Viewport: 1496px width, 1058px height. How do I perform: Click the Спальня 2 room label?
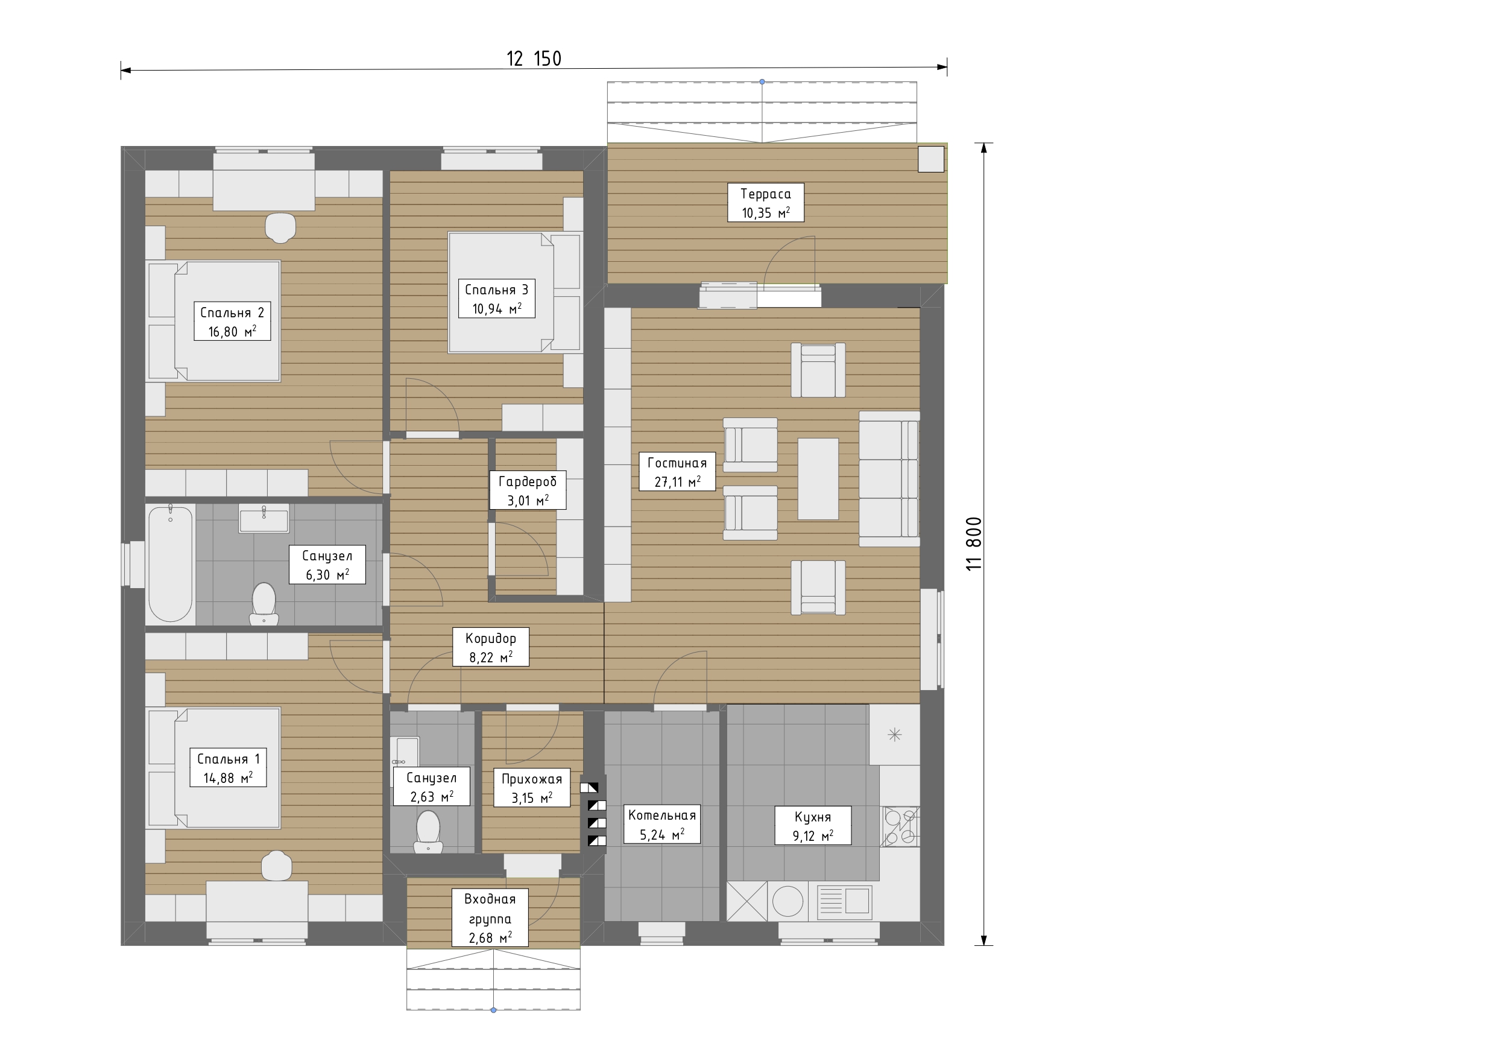pyautogui.click(x=232, y=322)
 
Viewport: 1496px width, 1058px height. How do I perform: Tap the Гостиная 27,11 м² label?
pyautogui.click(x=677, y=471)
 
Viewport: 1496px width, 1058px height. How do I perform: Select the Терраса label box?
pyautogui.click(x=766, y=202)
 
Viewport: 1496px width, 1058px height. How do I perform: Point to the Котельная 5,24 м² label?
pyautogui.click(x=662, y=824)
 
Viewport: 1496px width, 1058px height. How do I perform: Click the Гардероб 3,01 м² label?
pyautogui.click(x=528, y=490)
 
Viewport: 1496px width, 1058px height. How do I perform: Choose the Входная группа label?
pyautogui.click(x=490, y=918)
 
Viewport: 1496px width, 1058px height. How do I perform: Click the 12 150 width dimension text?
pyautogui.click(x=534, y=59)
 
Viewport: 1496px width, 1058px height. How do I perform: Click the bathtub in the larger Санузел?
pyautogui.click(x=171, y=564)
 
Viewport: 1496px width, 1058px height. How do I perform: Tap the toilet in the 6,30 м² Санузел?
pyautogui.click(x=264, y=604)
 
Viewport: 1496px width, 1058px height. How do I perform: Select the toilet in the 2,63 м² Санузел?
pyautogui.click(x=428, y=831)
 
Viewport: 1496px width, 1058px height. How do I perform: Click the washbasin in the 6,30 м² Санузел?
pyautogui.click(x=264, y=518)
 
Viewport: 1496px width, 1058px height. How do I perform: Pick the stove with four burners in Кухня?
pyautogui.click(x=900, y=826)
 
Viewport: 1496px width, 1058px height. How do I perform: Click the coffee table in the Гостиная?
pyautogui.click(x=818, y=478)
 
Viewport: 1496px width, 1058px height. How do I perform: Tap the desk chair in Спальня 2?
pyautogui.click(x=281, y=227)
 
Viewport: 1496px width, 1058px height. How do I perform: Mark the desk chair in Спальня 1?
pyautogui.click(x=277, y=866)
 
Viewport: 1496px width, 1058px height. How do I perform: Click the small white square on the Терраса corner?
pyautogui.click(x=931, y=160)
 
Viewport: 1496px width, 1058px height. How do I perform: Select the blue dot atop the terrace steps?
pyautogui.click(x=762, y=82)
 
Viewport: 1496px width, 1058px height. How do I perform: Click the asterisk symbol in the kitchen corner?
pyautogui.click(x=895, y=735)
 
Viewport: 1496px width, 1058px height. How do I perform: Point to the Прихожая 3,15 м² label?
pyautogui.click(x=532, y=788)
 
